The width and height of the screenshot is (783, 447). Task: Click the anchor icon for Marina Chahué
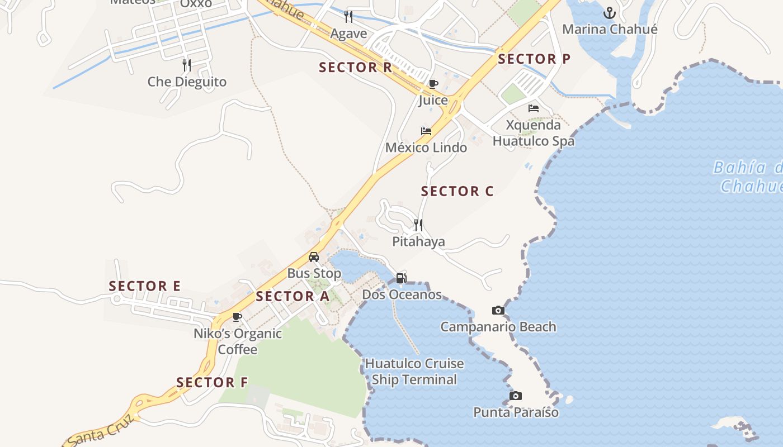(609, 13)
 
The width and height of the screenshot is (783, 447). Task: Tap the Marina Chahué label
(610, 30)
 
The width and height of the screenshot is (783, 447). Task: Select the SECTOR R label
(355, 68)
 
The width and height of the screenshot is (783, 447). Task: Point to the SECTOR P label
(534, 59)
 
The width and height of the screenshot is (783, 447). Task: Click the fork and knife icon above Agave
(348, 16)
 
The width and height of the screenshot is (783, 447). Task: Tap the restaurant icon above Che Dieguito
(187, 65)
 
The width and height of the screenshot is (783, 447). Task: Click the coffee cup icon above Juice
(433, 84)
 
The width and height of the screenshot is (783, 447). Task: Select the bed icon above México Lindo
(426, 131)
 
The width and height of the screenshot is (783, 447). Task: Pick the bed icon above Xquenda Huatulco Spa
(534, 108)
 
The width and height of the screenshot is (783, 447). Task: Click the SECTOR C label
(457, 191)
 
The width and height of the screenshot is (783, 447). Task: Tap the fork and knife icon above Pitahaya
(418, 225)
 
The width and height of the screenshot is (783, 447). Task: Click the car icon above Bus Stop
(314, 257)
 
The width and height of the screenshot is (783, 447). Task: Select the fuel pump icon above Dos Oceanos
(401, 278)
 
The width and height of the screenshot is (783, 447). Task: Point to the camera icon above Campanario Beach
(498, 310)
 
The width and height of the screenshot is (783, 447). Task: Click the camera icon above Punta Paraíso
(516, 396)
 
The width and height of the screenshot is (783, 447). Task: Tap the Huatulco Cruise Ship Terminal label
(414, 372)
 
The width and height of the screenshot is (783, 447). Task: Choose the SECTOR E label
(144, 286)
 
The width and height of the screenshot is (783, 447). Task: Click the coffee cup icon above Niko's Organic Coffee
(237, 317)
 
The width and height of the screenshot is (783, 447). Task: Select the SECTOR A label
(293, 296)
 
